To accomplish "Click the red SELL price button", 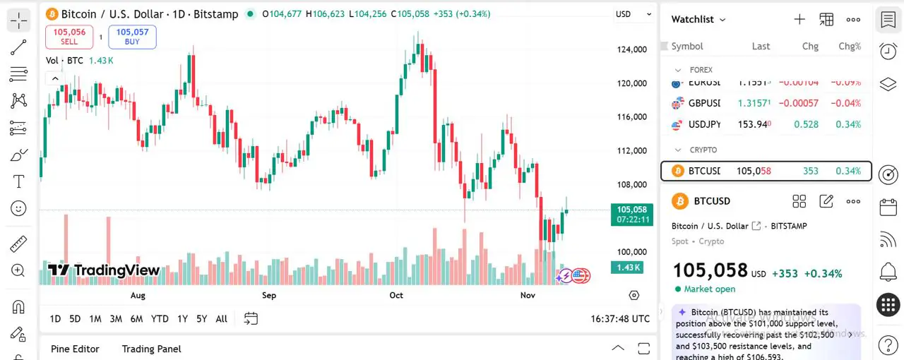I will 69,37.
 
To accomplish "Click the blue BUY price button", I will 132,37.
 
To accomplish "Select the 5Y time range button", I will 201,319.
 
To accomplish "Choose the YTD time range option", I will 160,319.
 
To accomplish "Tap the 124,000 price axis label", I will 631,49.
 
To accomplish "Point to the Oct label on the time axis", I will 396,295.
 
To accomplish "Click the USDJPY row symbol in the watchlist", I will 704,124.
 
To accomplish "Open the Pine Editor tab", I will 75,349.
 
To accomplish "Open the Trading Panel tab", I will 151,349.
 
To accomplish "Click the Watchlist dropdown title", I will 698,20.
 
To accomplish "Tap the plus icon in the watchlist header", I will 799,20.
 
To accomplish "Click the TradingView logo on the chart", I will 104,270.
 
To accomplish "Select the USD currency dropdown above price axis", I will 634,14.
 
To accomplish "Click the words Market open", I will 709,289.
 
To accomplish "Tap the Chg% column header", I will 850,47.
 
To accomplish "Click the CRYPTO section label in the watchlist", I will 703,150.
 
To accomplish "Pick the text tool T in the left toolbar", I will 19,181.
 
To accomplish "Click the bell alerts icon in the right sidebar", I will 888,271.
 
